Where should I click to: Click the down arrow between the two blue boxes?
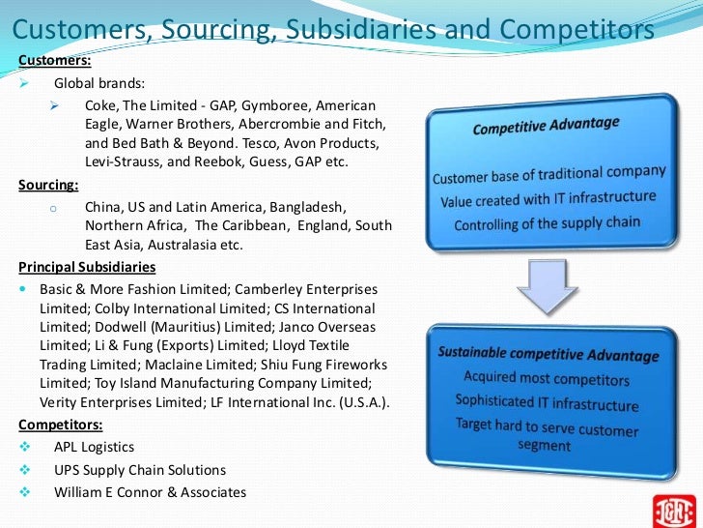[x=546, y=285]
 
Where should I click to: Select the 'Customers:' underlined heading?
[x=55, y=61]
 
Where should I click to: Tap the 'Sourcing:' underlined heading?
[x=49, y=185]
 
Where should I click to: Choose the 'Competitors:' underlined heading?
[x=59, y=424]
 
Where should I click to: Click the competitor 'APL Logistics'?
[x=95, y=447]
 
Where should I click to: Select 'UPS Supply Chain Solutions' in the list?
[x=140, y=470]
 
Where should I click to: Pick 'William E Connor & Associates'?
[x=151, y=492]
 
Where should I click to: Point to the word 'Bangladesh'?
[x=308, y=207]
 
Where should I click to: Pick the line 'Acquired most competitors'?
[x=546, y=379]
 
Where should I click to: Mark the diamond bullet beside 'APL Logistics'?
[x=24, y=447]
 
